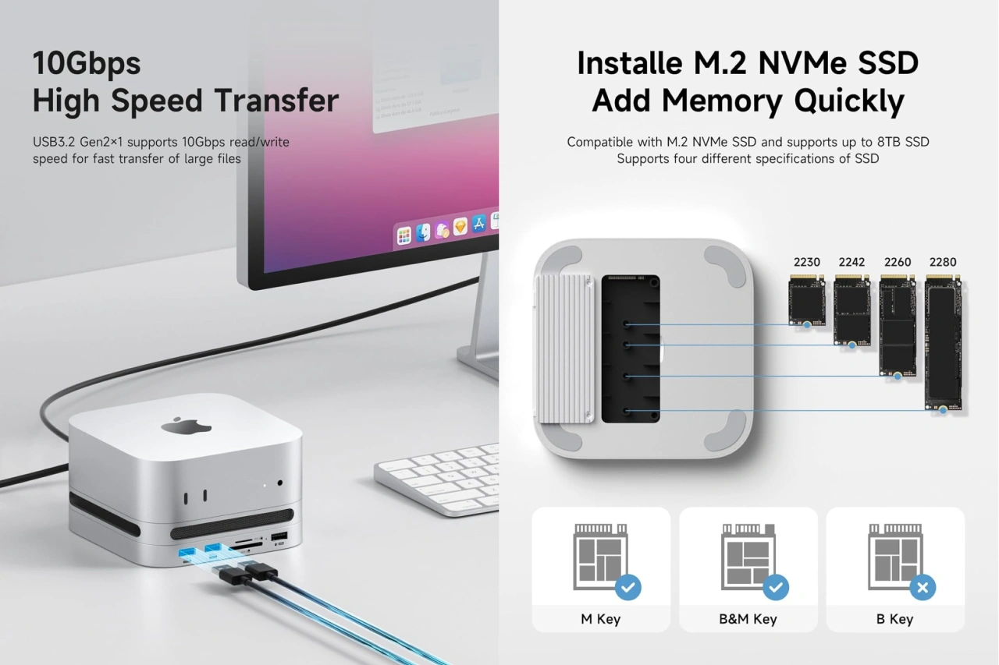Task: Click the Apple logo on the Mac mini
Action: click(187, 426)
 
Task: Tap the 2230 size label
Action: click(806, 262)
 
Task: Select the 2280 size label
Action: click(942, 262)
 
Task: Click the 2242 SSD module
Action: click(851, 310)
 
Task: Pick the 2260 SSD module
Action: click(898, 326)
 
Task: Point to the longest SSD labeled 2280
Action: click(944, 342)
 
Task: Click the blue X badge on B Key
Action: click(923, 588)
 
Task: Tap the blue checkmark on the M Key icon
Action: click(628, 588)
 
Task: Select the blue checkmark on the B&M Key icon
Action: click(776, 588)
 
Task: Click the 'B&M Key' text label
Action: click(748, 619)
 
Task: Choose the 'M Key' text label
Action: click(601, 619)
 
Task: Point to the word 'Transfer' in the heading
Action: click(276, 101)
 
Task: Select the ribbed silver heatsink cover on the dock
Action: click(564, 348)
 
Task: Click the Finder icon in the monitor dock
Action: click(423, 232)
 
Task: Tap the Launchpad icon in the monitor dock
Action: click(404, 235)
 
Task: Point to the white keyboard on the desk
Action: click(438, 479)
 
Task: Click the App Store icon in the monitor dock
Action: click(479, 223)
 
